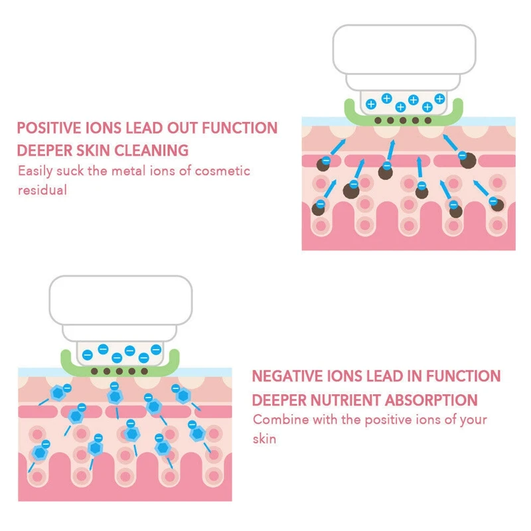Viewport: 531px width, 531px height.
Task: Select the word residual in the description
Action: pos(42,190)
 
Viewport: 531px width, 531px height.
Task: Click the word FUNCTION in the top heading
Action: pos(245,128)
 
